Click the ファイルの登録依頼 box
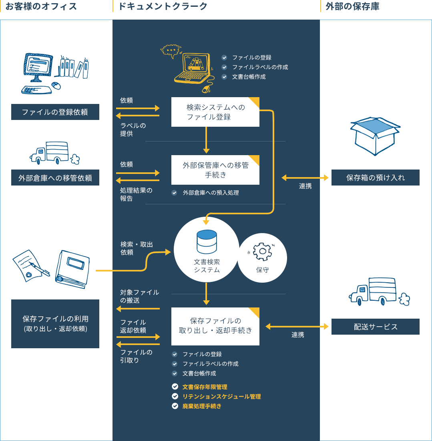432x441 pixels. pyautogui.click(x=55, y=112)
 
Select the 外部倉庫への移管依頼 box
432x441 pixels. pyautogui.click(x=55, y=178)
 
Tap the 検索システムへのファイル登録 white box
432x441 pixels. pyautogui.click(x=215, y=112)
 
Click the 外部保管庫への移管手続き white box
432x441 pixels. pyautogui.click(x=215, y=170)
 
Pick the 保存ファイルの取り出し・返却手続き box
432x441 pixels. pyautogui.click(x=215, y=326)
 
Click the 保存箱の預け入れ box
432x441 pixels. pyautogui.click(x=376, y=178)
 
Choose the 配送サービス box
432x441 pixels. pyautogui.click(x=376, y=327)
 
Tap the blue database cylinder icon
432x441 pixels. pyautogui.click(x=207, y=242)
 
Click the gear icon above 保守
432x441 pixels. pyautogui.click(x=262, y=251)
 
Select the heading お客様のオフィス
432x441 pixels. pyautogui.click(x=41, y=6)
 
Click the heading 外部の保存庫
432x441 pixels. pyautogui.click(x=352, y=6)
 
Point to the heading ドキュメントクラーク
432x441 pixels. pyautogui.click(x=163, y=6)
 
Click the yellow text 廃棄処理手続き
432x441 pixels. pyautogui.click(x=202, y=406)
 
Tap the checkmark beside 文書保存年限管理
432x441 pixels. pyautogui.click(x=175, y=387)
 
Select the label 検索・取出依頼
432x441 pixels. pyautogui.click(x=137, y=248)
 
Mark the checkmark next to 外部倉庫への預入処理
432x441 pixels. pyautogui.click(x=174, y=193)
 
